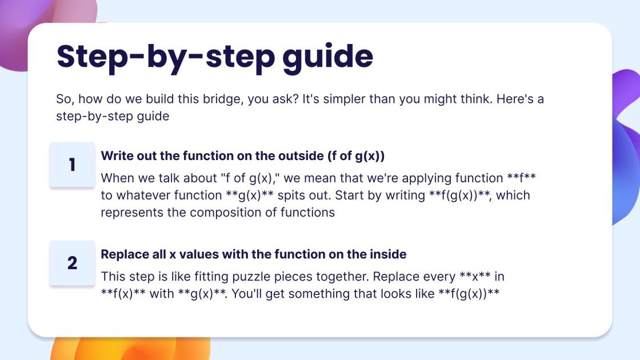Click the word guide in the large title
327,57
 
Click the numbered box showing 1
72,165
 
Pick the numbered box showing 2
72,263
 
